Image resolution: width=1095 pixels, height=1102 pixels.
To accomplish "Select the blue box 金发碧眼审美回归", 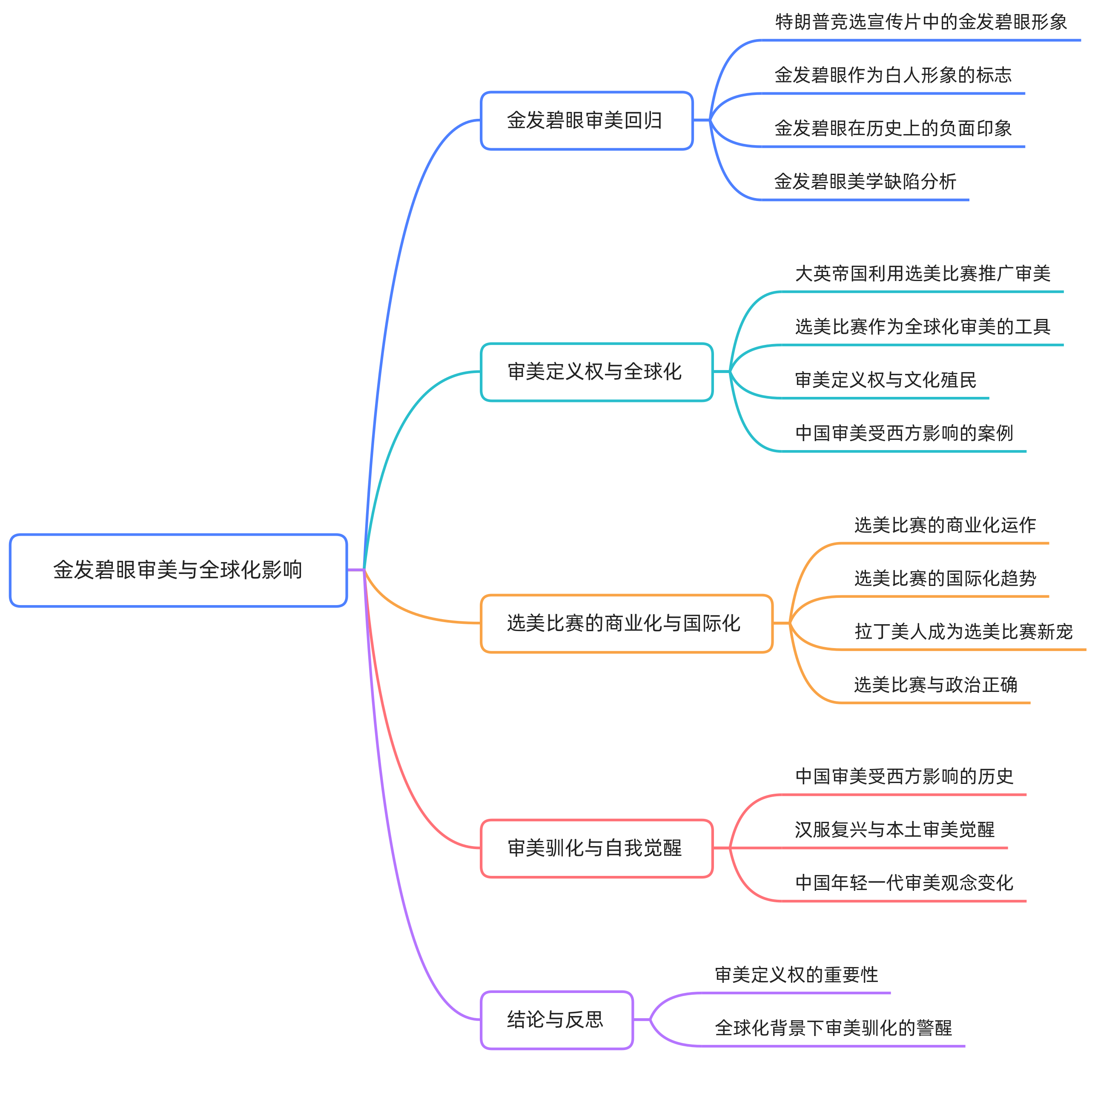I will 587,121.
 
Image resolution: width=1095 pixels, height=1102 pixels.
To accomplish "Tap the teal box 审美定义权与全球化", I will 596,372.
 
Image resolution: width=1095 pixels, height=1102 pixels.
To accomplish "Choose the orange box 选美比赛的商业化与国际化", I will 626,623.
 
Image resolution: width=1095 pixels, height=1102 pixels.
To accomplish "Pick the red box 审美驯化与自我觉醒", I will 596,848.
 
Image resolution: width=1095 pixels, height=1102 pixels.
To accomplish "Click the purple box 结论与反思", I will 556,1019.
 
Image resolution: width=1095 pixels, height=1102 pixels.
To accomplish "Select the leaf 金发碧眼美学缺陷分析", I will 865,182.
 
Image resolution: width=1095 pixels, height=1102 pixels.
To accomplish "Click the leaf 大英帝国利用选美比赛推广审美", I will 922,274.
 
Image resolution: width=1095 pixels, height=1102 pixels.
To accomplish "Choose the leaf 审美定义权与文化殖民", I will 885,380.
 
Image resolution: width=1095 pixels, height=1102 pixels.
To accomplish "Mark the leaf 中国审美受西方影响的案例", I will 903,433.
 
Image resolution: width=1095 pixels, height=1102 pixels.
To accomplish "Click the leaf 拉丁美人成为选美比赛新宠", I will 963,632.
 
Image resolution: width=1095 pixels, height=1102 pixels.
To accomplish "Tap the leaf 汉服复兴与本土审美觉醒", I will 894,830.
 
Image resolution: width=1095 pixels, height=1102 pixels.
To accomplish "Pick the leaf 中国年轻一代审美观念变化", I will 903,883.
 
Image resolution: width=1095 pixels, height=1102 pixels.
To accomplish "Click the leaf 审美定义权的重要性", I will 796,975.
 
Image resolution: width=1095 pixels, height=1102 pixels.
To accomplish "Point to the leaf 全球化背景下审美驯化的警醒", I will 833,1028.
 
